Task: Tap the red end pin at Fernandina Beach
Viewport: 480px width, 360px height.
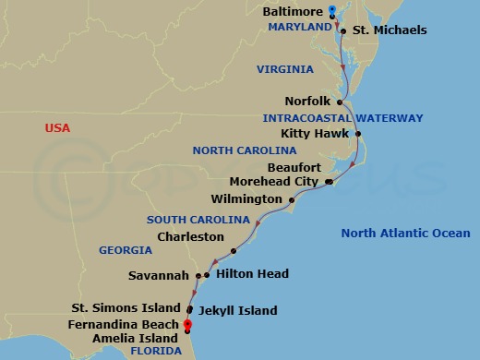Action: coord(187,324)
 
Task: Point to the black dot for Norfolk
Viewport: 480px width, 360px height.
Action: coord(341,102)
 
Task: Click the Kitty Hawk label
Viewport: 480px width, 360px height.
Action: coord(317,135)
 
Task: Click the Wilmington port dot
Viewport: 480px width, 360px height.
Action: coord(292,199)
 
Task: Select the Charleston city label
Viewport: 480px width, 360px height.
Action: coord(191,236)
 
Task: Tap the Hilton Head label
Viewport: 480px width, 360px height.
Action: coord(252,274)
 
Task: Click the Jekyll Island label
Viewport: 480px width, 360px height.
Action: coord(237,311)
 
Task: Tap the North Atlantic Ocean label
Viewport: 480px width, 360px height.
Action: coord(405,234)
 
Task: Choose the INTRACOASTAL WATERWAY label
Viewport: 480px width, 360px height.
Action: coord(342,118)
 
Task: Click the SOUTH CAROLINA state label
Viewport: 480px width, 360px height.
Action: coord(198,220)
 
